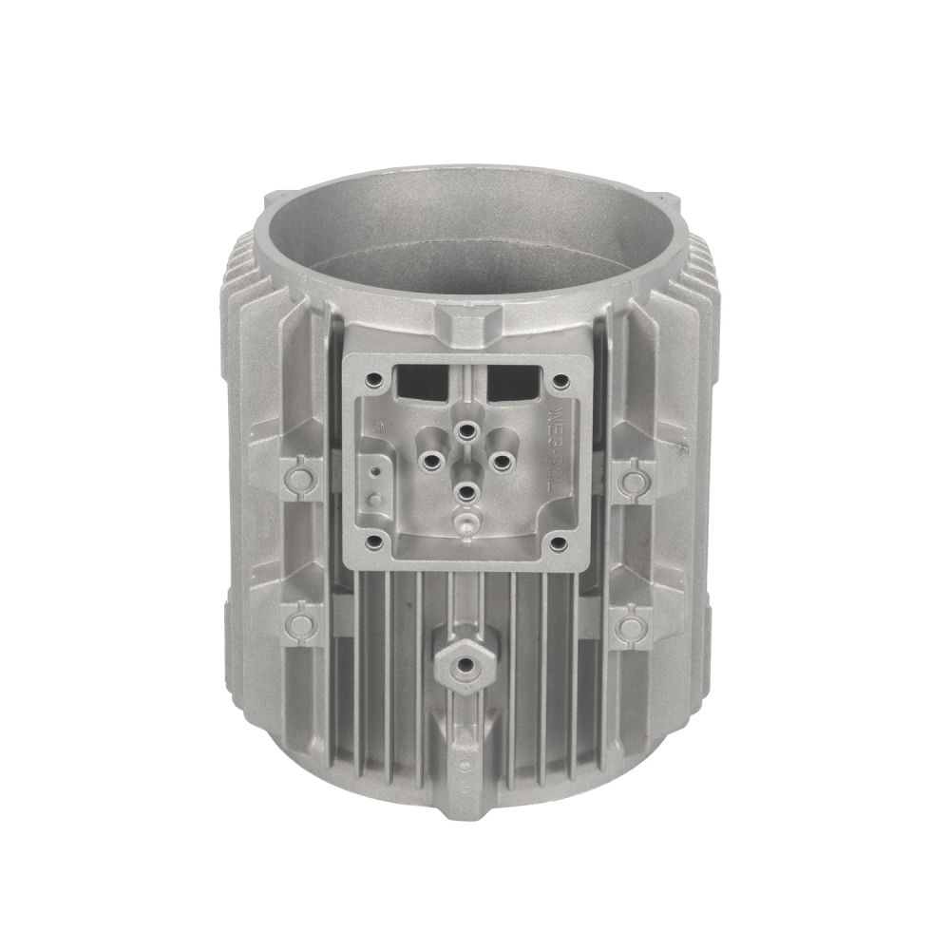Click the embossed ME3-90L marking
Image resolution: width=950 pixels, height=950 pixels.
(x=557, y=446)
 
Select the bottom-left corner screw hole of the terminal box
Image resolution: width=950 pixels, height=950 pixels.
(x=373, y=541)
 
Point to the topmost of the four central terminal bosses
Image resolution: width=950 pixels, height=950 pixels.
(x=465, y=429)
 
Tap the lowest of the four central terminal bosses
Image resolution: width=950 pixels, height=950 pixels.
(x=464, y=491)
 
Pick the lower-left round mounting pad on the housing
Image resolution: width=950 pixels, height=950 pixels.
(x=301, y=624)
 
